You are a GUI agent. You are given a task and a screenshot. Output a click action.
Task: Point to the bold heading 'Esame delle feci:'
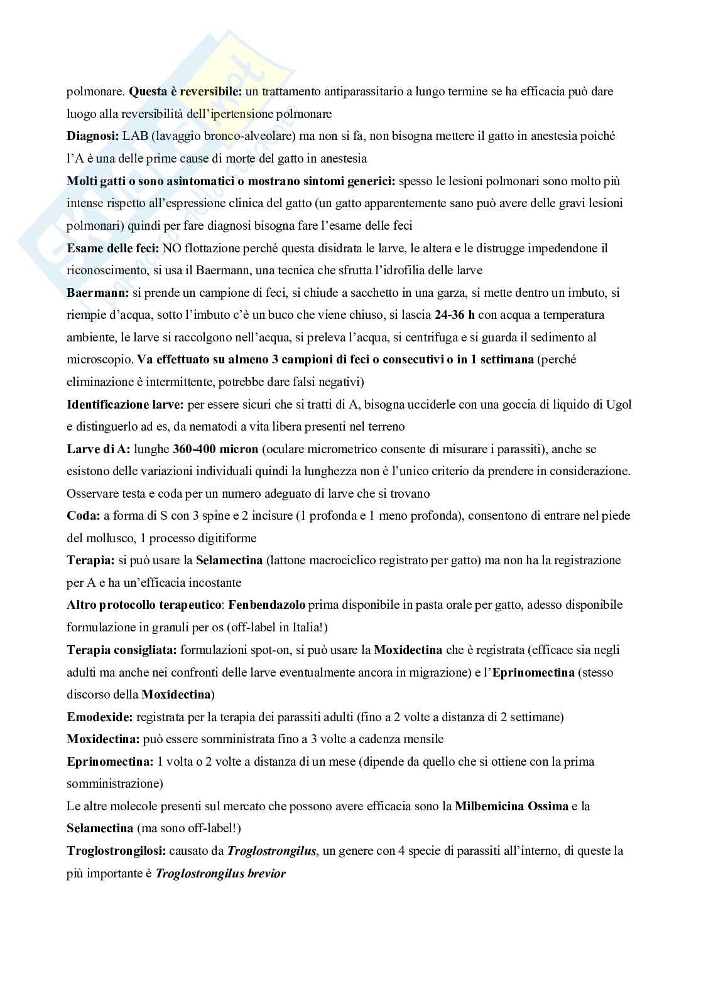112,248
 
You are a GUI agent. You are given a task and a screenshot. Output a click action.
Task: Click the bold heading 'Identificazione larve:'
125,404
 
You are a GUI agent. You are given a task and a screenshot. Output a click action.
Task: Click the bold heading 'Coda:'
84,516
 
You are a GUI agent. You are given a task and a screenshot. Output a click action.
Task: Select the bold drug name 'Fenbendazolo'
266,605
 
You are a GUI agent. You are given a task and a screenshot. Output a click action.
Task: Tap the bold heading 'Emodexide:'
99,717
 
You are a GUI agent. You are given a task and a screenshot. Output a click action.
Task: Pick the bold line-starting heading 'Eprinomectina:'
110,762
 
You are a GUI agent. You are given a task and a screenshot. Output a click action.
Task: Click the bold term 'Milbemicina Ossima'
511,806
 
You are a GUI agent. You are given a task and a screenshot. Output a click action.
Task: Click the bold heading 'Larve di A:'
98,449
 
